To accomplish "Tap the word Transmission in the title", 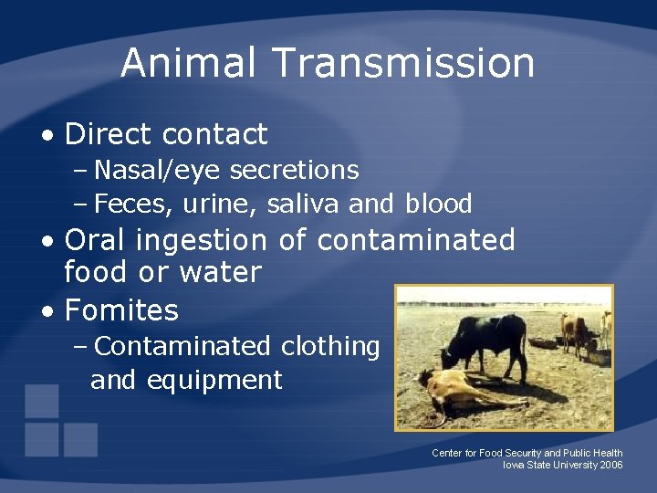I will (x=402, y=62).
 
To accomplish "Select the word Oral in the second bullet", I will (x=96, y=240).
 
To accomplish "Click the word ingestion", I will (x=200, y=240).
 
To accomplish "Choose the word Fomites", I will (x=121, y=310).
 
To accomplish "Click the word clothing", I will (x=330, y=347).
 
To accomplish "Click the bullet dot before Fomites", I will (x=47, y=311).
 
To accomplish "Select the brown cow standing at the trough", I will (x=575, y=330).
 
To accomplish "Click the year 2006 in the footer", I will (x=611, y=465).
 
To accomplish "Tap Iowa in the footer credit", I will (x=513, y=465).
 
